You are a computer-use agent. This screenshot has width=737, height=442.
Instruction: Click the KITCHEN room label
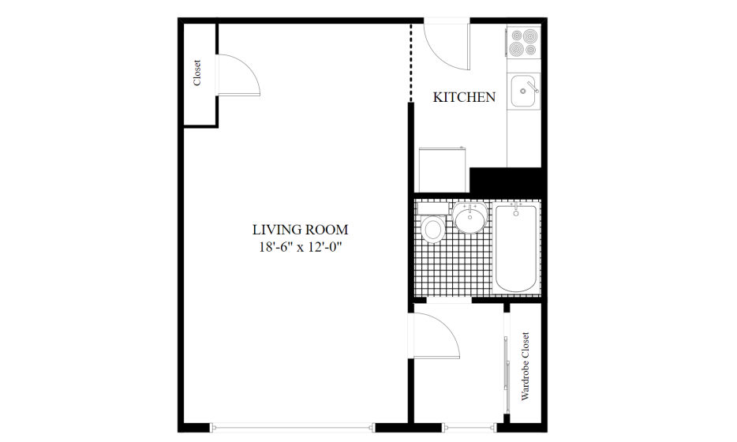[x=464, y=97]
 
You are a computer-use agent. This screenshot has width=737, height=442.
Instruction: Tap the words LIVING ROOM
[x=301, y=230]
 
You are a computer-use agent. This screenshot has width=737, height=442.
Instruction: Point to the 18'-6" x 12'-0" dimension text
[x=300, y=247]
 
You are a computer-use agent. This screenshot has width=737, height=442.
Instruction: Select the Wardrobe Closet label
[x=525, y=366]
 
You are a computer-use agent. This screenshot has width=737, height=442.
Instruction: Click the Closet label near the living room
[x=197, y=73]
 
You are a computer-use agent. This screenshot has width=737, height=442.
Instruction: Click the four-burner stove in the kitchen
[x=524, y=43]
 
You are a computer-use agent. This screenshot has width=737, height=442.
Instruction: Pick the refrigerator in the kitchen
[x=443, y=170]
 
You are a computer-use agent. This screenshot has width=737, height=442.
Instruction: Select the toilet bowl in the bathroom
[x=433, y=229]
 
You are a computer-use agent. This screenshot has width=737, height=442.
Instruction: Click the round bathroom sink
[x=470, y=218]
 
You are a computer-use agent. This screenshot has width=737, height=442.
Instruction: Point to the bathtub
[x=515, y=249]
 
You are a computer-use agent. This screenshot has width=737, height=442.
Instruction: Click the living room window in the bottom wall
[x=294, y=428]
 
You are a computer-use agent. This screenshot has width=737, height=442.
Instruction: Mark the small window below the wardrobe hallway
[x=470, y=428]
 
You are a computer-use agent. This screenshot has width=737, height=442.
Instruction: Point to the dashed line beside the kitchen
[x=411, y=63]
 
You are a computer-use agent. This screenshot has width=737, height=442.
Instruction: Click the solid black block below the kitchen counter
[x=507, y=180]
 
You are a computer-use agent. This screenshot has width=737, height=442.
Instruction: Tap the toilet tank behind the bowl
[x=433, y=208]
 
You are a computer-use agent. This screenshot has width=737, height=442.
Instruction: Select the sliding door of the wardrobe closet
[x=507, y=367]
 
